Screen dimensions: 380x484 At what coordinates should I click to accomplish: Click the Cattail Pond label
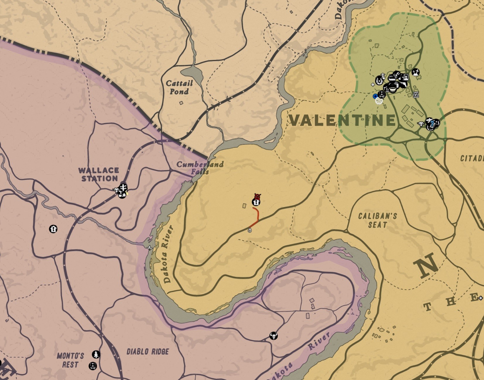(179, 87)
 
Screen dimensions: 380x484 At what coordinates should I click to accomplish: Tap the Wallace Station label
(99, 174)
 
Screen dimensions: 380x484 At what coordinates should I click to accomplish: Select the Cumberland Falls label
(200, 167)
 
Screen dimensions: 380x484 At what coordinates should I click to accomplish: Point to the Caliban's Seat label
(377, 220)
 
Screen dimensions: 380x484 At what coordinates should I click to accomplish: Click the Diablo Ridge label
(148, 351)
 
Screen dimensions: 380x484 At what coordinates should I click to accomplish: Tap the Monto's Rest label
(70, 360)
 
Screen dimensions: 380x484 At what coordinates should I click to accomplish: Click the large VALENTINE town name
(342, 120)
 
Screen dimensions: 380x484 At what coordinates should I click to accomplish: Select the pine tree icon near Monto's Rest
(96, 355)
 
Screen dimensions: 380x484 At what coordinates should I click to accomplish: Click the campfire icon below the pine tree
(93, 366)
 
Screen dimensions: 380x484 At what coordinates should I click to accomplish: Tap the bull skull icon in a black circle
(273, 336)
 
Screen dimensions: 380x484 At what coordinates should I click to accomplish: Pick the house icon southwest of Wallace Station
(53, 229)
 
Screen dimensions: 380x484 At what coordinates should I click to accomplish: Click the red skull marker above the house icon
(257, 196)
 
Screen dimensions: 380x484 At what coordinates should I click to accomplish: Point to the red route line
(257, 216)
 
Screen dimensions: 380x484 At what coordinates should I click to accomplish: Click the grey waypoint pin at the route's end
(249, 230)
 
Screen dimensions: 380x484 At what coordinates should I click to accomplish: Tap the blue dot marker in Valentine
(375, 96)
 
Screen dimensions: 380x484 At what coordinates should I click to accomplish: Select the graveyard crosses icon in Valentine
(415, 72)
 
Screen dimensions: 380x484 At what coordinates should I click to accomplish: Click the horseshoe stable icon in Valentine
(380, 80)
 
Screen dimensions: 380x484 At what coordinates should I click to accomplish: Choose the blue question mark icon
(432, 124)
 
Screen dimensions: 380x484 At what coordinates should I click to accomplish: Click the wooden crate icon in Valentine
(416, 94)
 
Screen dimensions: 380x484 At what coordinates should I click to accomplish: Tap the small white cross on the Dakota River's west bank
(150, 248)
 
